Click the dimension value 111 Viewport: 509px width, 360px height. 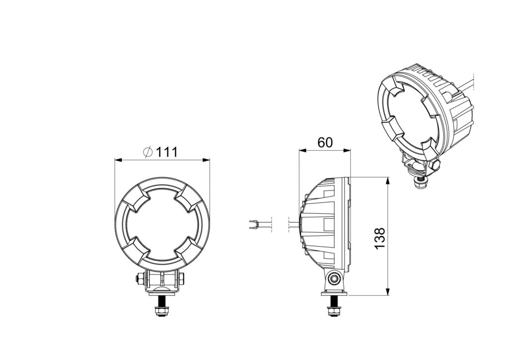167,152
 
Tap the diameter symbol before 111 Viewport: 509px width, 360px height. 148,152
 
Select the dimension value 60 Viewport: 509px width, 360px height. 325,142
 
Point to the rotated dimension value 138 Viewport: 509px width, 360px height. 379,238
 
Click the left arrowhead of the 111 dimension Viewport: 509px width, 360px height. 118,160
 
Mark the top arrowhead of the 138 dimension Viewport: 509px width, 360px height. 387,180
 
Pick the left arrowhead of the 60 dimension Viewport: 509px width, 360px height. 302,150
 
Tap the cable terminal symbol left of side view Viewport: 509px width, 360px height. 254,225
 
